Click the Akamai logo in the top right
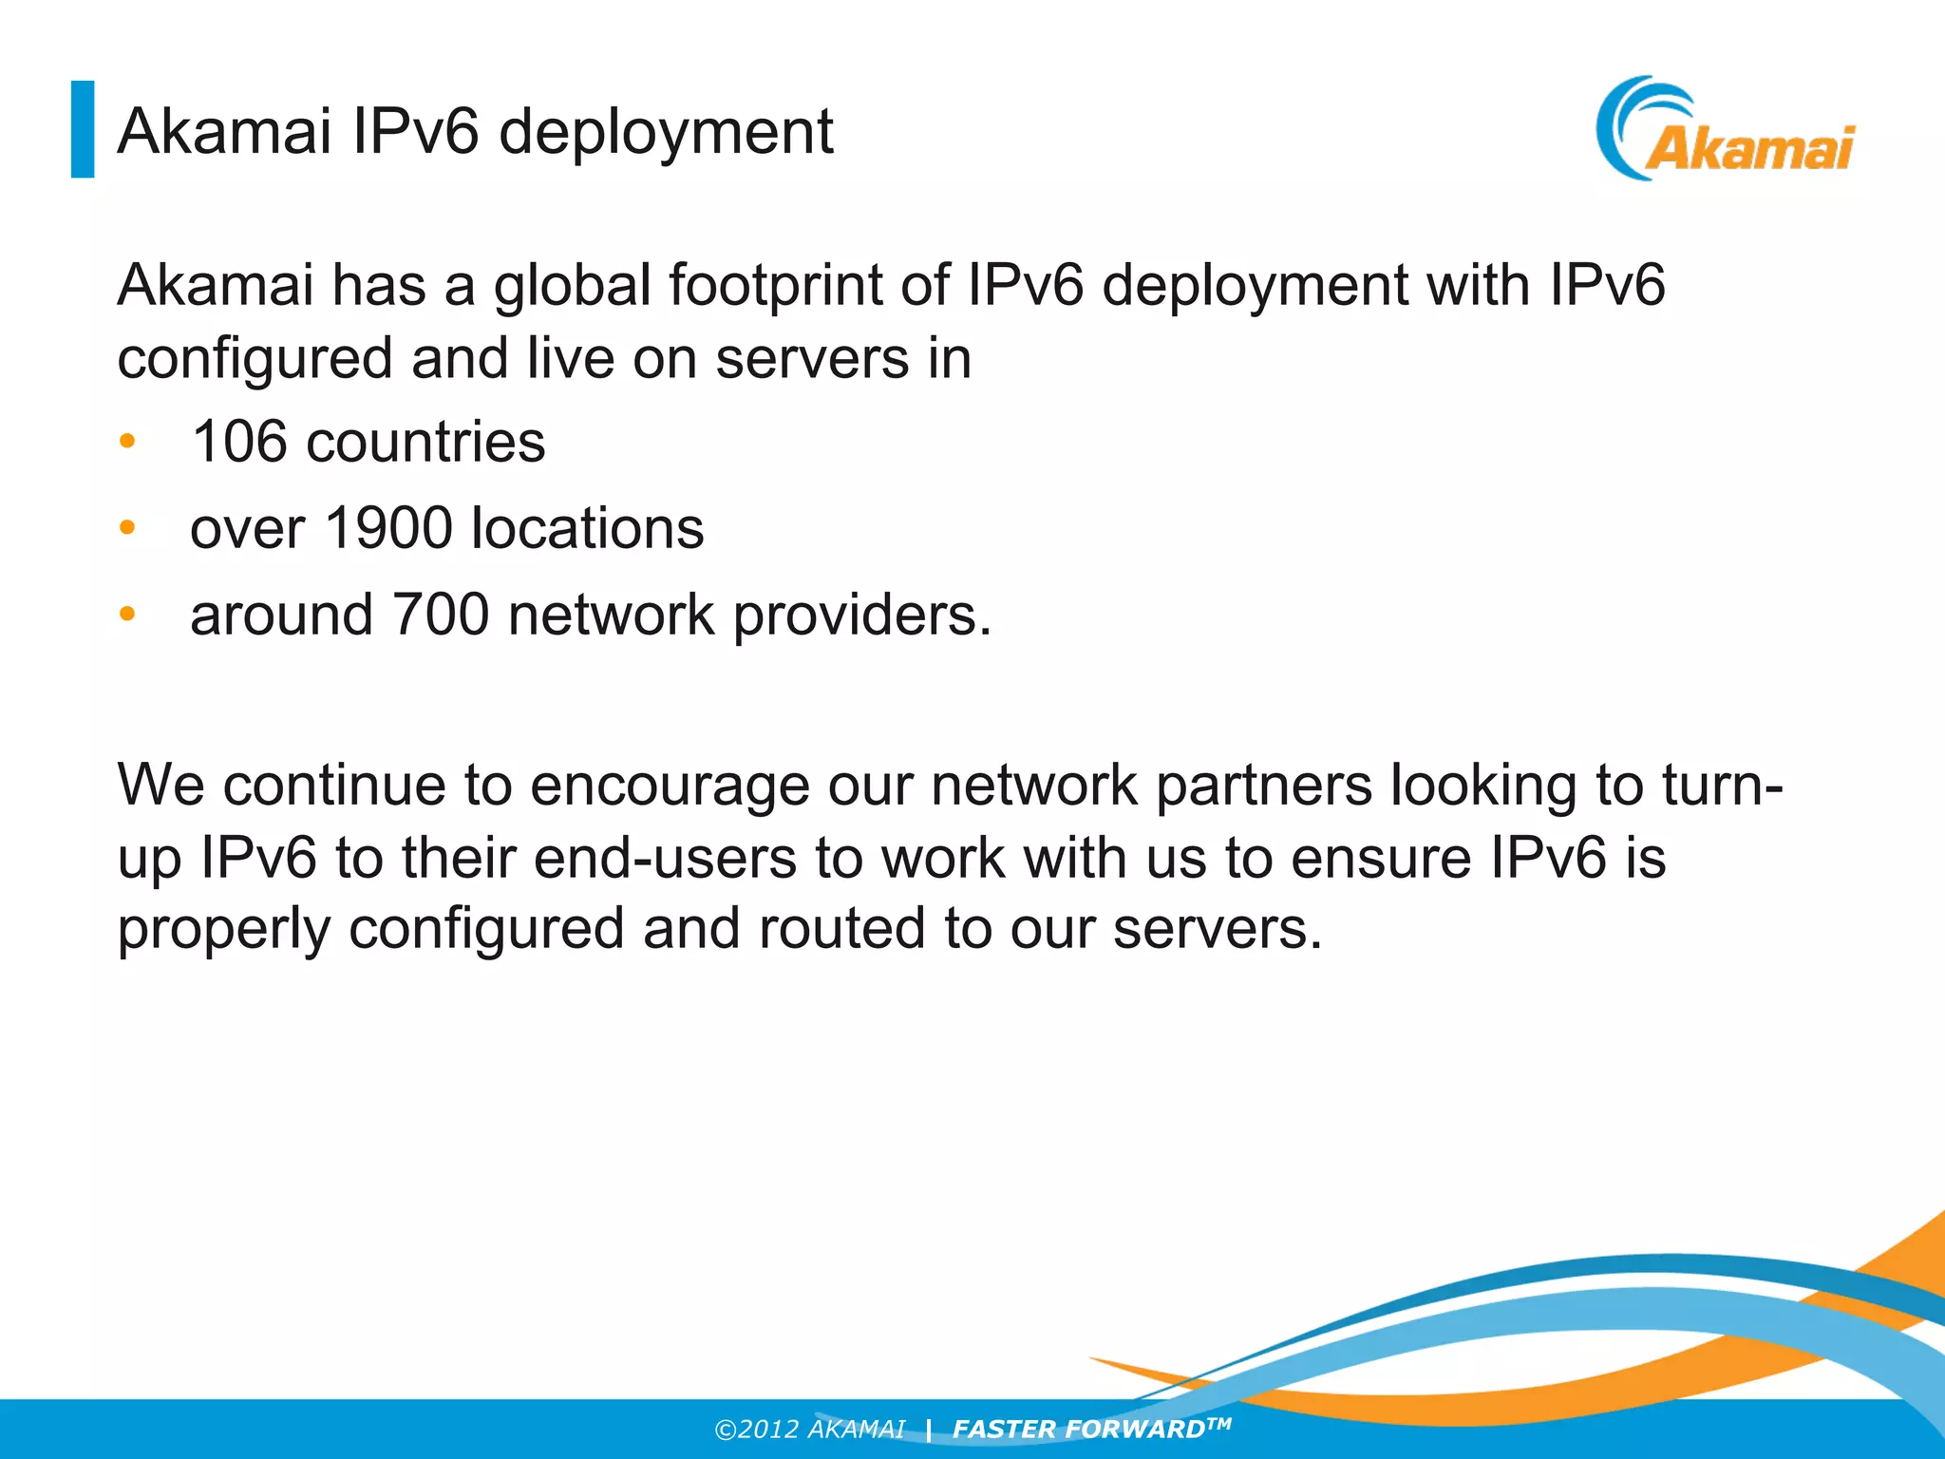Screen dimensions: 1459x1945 point(1726,130)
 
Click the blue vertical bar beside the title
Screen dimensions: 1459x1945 point(83,129)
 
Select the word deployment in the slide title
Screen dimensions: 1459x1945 point(666,132)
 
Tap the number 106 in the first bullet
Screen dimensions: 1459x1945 point(238,443)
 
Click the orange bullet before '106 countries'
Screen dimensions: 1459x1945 point(128,442)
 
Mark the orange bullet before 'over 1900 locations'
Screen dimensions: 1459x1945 point(128,528)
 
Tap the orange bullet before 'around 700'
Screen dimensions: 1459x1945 point(128,615)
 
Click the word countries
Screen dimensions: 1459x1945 point(425,443)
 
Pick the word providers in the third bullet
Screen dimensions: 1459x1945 point(861,616)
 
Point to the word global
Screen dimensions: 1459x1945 point(572,287)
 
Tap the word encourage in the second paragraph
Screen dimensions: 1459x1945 point(669,787)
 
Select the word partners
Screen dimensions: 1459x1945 point(1263,787)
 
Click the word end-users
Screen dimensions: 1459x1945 point(665,858)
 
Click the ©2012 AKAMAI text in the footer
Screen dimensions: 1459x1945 point(809,1430)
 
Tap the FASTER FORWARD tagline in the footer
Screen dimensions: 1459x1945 point(1090,1429)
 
